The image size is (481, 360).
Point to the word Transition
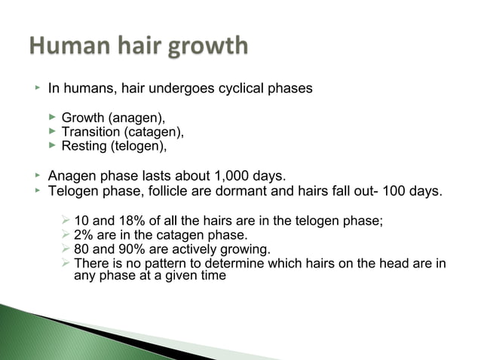point(91,132)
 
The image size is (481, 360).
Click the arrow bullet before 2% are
point(66,234)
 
